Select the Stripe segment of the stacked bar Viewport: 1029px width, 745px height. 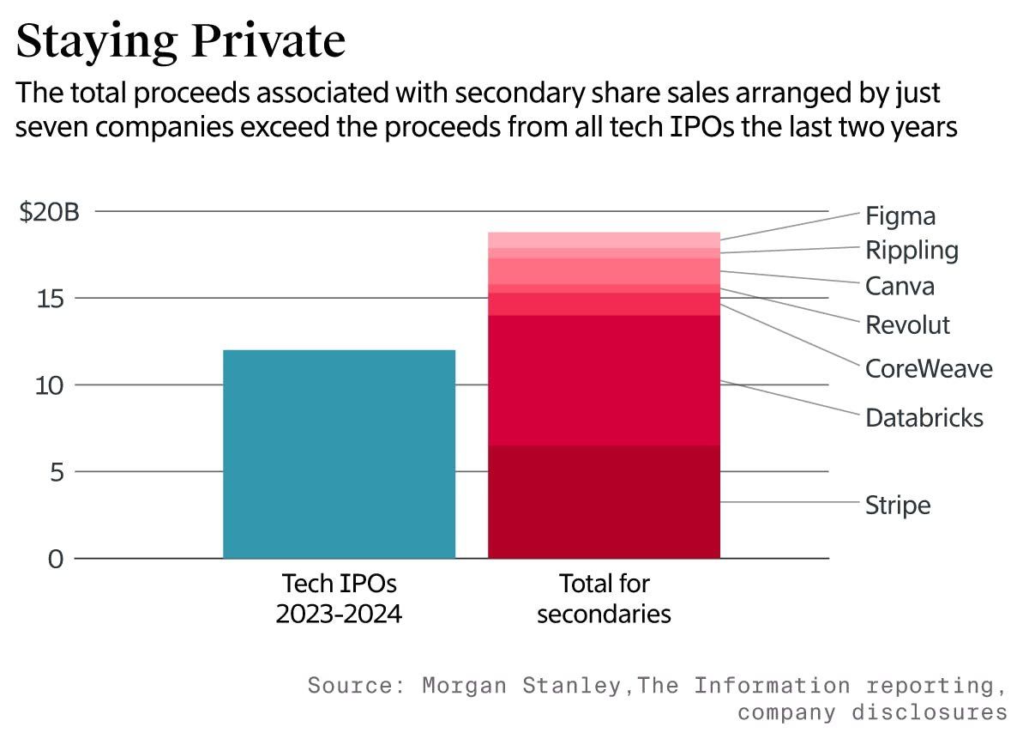coord(604,501)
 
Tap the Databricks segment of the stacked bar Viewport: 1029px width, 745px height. coord(604,380)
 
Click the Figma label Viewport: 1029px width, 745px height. coord(900,215)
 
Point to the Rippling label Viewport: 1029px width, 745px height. coord(912,251)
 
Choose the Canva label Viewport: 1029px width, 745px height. coord(900,286)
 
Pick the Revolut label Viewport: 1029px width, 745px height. coord(908,325)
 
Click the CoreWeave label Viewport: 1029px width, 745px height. coord(929,369)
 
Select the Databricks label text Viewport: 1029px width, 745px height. coord(924,418)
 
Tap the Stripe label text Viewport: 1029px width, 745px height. coord(898,505)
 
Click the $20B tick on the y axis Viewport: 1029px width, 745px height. coord(49,211)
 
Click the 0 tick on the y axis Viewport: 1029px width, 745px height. coord(56,559)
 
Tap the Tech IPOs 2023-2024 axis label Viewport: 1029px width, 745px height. coord(339,599)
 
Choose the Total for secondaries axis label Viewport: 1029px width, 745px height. coord(604,599)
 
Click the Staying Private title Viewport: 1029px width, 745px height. coord(180,41)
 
